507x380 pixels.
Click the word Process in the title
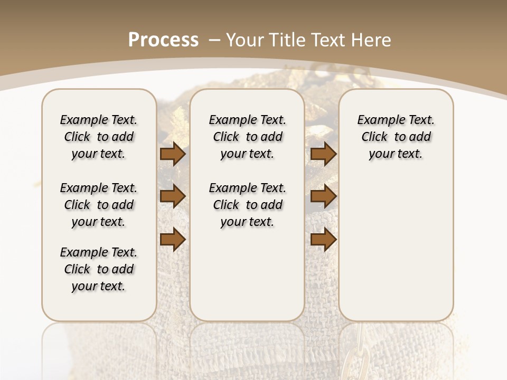163,40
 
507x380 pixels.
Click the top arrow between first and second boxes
173,154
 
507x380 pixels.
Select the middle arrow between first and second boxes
173,196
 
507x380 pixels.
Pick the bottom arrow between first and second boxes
173,239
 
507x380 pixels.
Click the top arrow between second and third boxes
323,154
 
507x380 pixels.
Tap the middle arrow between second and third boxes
323,196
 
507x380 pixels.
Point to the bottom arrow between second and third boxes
323,239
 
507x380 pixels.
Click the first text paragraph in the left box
99,137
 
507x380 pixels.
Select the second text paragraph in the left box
99,205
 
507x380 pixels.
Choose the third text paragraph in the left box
99,269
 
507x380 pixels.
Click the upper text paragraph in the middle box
247,137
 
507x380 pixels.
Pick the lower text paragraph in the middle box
247,205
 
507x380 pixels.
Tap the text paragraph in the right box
396,137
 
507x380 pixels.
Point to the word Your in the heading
245,40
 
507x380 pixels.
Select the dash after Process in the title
214,40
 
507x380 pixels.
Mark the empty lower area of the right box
396,248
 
